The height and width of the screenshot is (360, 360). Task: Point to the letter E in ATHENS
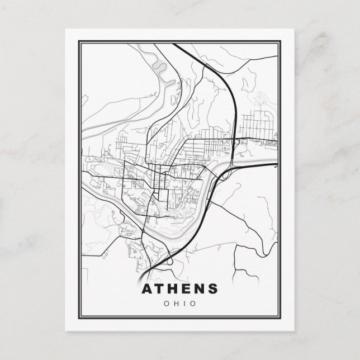click(x=187, y=289)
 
